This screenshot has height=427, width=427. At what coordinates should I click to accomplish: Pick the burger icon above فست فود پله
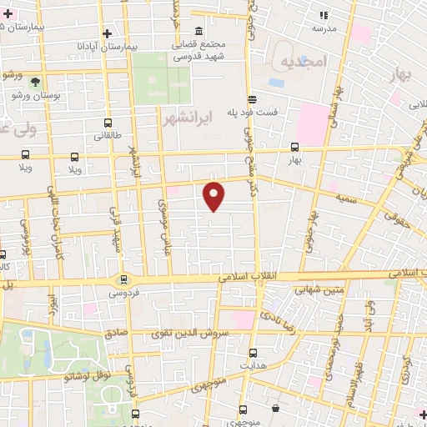pyautogui.click(x=251, y=98)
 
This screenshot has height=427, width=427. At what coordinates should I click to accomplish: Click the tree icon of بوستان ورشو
pyautogui.click(x=36, y=82)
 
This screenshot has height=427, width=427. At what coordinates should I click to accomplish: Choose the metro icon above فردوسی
pyautogui.click(x=123, y=279)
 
